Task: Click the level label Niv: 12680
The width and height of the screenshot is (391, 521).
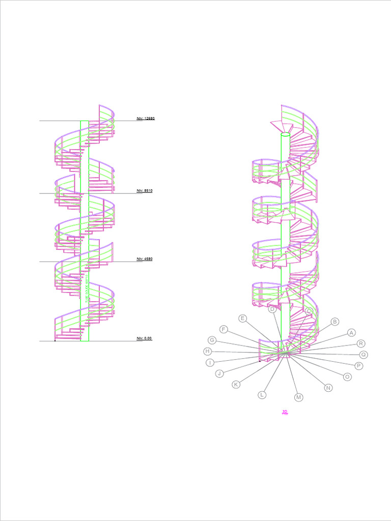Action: pos(145,119)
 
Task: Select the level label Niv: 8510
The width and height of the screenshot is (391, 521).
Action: pos(145,191)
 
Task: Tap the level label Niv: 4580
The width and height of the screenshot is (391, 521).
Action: pos(145,259)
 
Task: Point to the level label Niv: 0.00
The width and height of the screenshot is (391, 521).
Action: pos(144,338)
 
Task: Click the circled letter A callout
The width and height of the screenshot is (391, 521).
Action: pos(351,333)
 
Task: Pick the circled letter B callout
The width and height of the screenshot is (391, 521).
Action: pos(335,322)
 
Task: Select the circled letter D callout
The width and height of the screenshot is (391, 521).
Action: pos(272,309)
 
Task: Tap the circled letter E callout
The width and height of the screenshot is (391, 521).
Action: pos(243,319)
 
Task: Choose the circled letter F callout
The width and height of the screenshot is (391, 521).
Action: pos(224,329)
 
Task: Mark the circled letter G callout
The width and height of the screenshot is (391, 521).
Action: pos(212,340)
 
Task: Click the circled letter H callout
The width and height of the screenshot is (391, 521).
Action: pos(208,351)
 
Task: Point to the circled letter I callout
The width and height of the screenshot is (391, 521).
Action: pos(210,363)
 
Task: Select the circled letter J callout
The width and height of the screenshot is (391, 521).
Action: pos(219,373)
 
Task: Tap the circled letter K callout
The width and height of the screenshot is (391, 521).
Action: pos(236,385)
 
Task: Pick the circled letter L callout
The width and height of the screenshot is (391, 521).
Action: pos(262,394)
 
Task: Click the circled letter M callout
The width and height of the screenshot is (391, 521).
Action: pos(299,397)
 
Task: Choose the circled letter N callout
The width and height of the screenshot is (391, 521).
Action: pos(328,388)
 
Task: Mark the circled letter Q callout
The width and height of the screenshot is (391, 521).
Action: pos(364,355)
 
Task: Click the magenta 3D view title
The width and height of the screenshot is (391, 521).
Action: pos(285,412)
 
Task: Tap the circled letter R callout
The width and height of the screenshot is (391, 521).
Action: pos(361,343)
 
